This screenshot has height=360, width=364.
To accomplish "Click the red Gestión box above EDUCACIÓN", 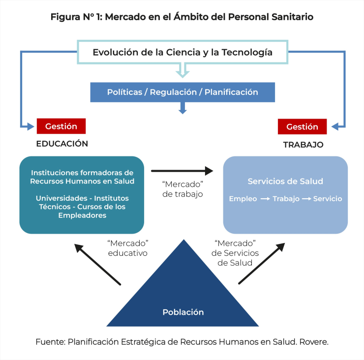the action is pyautogui.click(x=61, y=126).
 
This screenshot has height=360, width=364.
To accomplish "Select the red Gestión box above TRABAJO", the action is pyautogui.click(x=302, y=126).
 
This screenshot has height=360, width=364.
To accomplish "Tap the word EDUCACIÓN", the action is pyautogui.click(x=62, y=144).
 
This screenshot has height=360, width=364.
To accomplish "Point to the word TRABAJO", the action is pyautogui.click(x=303, y=145).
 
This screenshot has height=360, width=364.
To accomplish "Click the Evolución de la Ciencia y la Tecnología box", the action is pyautogui.click(x=182, y=52).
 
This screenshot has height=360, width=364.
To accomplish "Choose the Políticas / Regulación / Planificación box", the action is pyautogui.click(x=182, y=92).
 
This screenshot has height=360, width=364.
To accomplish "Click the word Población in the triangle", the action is pyautogui.click(x=183, y=312).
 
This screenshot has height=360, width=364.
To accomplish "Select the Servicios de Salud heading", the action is pyautogui.click(x=285, y=181).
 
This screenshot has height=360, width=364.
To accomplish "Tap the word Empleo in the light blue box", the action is pyautogui.click(x=243, y=199).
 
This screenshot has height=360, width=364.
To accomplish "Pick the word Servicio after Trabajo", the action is pyautogui.click(x=328, y=199).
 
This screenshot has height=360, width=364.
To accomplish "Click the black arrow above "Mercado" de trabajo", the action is pyautogui.click(x=182, y=171).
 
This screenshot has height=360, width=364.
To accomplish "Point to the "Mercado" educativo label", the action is pyautogui.click(x=128, y=248).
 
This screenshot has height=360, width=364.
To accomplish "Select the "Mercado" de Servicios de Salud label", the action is pyautogui.click(x=235, y=253).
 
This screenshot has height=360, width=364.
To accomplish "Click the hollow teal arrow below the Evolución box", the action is pyautogui.click(x=182, y=70).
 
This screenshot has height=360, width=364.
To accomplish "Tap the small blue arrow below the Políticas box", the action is pyautogui.click(x=182, y=108).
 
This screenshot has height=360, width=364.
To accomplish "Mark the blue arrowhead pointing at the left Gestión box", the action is pyautogui.click(x=31, y=126).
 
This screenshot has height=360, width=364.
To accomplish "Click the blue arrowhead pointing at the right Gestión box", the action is pyautogui.click(x=335, y=127).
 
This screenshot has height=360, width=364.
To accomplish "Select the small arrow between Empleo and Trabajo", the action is pyautogui.click(x=265, y=199).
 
